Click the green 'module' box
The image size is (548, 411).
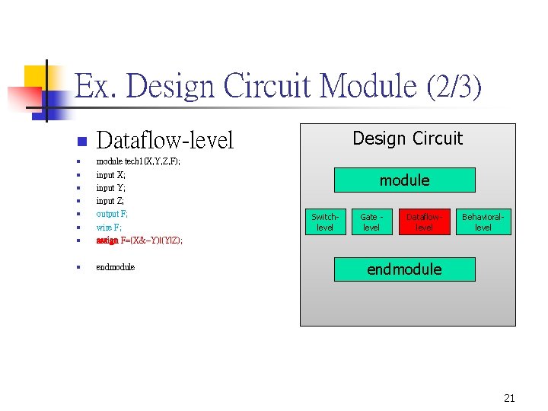404,180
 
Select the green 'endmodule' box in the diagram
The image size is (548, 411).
404,269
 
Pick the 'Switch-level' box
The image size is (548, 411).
325,222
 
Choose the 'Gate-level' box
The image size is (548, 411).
371,222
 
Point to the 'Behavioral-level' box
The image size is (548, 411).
483,222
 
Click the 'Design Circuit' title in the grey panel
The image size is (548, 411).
407,139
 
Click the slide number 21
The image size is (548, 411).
509,398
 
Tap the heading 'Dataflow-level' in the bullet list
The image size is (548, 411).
165,141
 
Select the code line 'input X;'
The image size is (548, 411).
111,175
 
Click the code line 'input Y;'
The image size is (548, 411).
111,188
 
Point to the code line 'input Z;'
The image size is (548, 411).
111,201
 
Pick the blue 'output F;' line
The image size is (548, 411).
113,214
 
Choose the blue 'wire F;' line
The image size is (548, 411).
109,227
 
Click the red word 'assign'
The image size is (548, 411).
107,241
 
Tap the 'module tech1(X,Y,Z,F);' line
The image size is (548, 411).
138,162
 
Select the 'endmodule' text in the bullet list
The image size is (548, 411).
116,267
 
